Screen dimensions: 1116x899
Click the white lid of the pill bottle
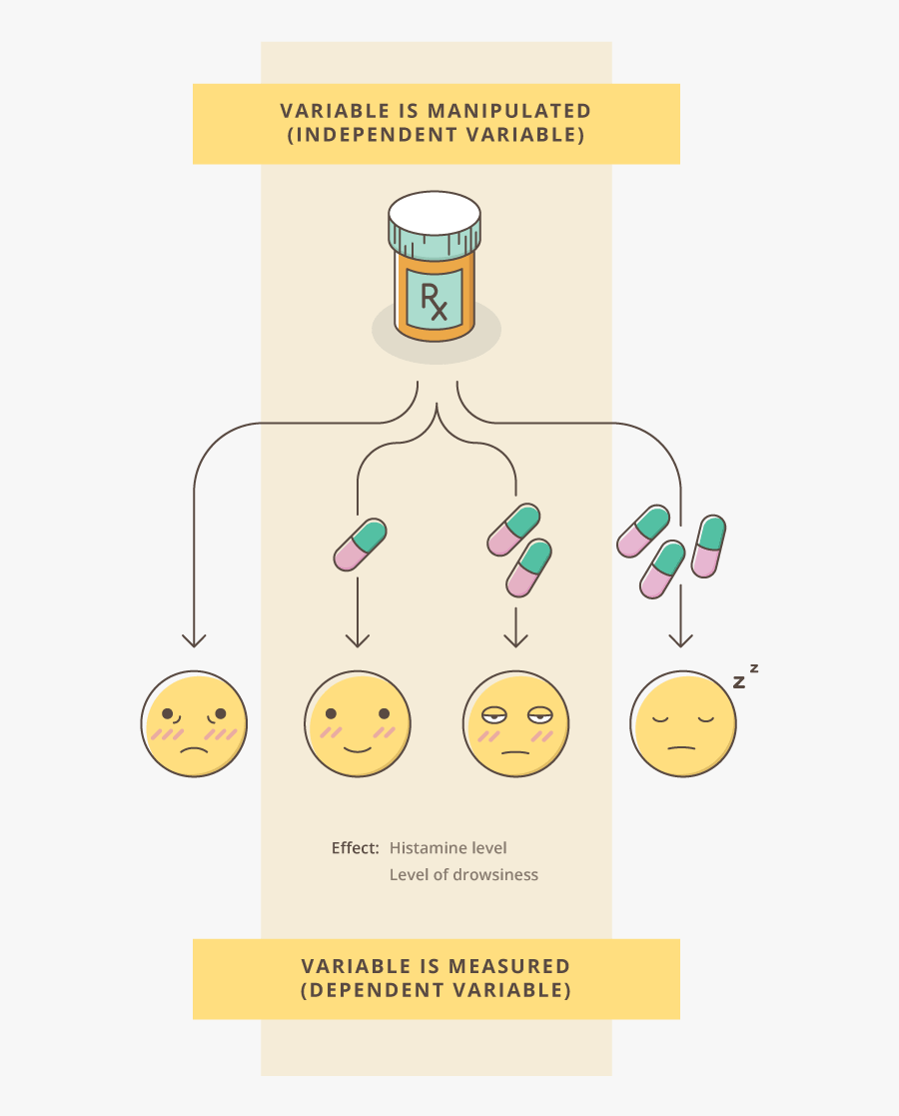[435, 213]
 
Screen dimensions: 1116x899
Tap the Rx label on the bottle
[435, 300]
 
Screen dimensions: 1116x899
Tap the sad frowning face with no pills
[194, 723]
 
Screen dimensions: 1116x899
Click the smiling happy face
[358, 723]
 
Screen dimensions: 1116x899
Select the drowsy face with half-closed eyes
[515, 723]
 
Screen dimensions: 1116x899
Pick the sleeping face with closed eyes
[683, 723]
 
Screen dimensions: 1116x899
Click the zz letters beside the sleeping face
[745, 677]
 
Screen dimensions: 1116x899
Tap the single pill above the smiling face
[360, 545]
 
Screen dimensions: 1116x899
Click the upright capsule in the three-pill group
[709, 547]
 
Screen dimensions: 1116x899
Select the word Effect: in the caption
[355, 848]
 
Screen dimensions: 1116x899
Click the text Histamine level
[449, 848]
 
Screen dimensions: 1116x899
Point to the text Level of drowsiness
[463, 875]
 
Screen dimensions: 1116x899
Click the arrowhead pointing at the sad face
[194, 639]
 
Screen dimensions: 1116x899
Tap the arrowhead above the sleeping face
[680, 639]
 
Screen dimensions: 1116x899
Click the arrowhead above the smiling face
[358, 639]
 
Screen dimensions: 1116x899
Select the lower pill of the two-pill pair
[529, 567]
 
